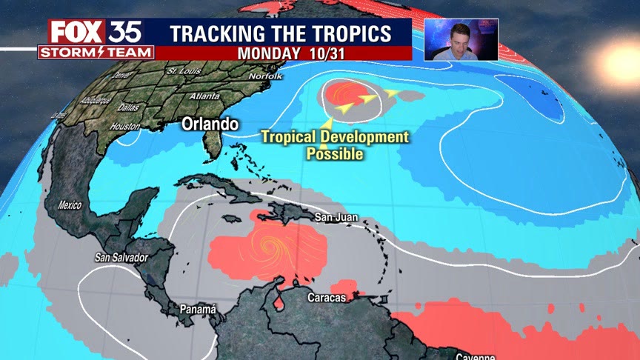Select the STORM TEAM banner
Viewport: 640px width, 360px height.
click(x=96, y=53)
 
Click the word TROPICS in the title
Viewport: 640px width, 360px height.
click(x=349, y=33)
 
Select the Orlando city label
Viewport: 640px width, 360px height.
click(x=210, y=124)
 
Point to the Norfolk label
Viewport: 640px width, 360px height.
click(x=266, y=76)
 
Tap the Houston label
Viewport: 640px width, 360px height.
click(x=124, y=127)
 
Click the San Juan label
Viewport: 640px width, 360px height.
click(x=336, y=217)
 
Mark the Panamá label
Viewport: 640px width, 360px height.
click(x=198, y=308)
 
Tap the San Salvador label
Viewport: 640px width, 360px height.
click(x=121, y=257)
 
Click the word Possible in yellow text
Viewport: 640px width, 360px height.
click(x=335, y=154)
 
